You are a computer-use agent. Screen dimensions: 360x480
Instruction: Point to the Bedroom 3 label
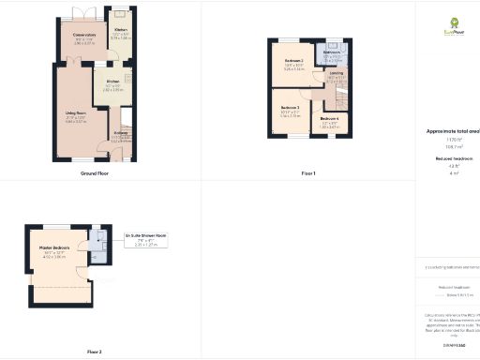[290, 111]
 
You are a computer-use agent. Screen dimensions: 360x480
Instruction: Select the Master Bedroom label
[57, 250]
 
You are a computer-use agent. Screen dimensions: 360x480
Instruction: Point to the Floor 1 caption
[308, 173]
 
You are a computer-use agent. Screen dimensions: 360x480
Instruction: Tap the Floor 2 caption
[95, 352]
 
